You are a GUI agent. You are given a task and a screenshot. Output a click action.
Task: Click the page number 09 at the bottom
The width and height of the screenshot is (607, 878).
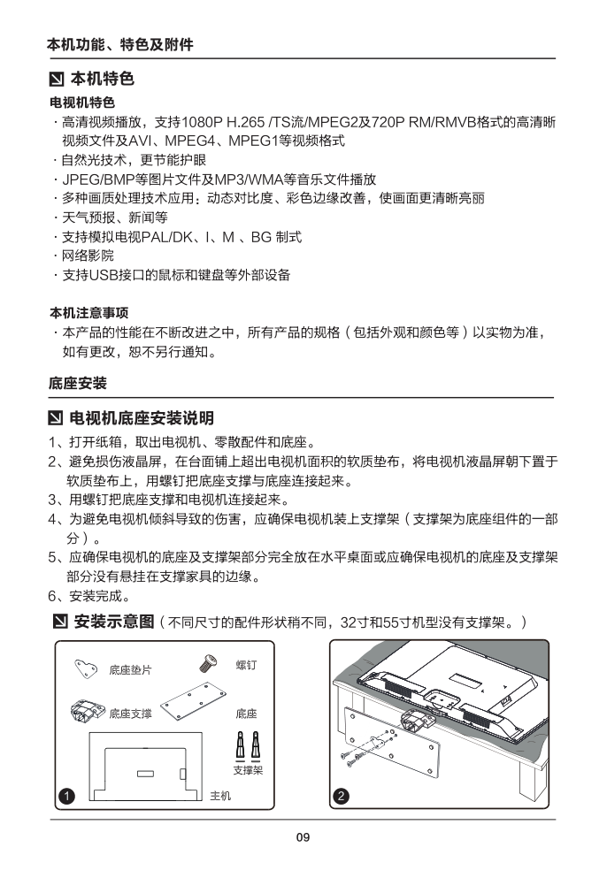pyautogui.click(x=303, y=838)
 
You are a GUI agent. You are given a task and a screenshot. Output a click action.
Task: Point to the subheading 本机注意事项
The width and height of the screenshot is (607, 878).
pyautogui.click(x=88, y=313)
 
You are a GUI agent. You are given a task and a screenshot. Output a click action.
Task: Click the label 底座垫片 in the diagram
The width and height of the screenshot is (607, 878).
pyautogui.click(x=130, y=670)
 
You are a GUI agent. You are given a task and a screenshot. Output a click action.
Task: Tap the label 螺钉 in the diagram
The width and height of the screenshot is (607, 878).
pyautogui.click(x=246, y=663)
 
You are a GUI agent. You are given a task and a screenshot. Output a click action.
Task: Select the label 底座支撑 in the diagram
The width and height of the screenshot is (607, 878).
pyautogui.click(x=130, y=713)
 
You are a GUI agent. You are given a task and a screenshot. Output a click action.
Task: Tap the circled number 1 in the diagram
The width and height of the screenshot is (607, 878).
pyautogui.click(x=65, y=796)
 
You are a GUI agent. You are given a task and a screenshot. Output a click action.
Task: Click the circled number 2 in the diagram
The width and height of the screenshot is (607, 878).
pyautogui.click(x=342, y=796)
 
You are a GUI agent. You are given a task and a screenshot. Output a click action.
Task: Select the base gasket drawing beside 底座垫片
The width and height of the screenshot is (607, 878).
pyautogui.click(x=87, y=668)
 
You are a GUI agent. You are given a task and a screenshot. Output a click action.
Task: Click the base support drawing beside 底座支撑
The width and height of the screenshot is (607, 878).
pyautogui.click(x=87, y=712)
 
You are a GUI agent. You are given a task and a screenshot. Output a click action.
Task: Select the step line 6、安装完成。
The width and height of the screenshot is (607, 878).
pyautogui.click(x=90, y=595)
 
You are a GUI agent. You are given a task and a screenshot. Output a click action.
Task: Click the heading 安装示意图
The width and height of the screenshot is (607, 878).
pyautogui.click(x=115, y=622)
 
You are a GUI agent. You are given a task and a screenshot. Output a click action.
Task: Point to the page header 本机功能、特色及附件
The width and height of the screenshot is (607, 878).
pyautogui.click(x=119, y=44)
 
